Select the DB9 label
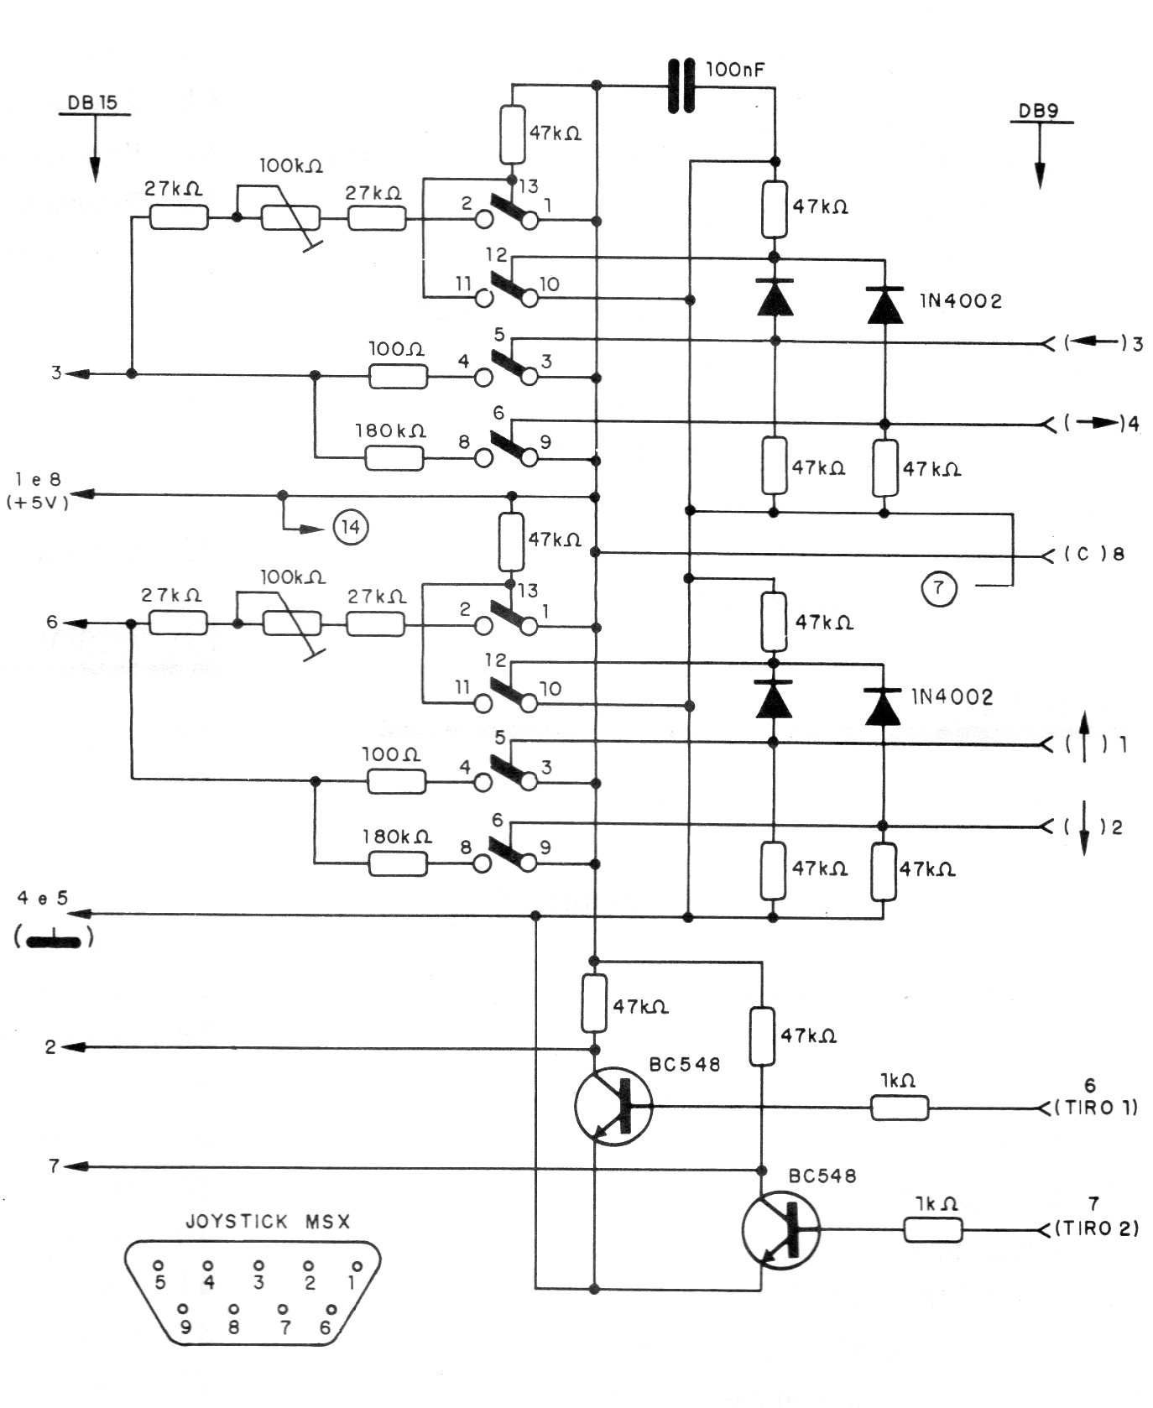click(1039, 112)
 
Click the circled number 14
click(350, 529)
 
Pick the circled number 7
click(939, 588)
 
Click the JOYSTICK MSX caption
click(267, 1222)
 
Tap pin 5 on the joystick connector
click(159, 1265)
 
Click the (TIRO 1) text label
click(1096, 1108)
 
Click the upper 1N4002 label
click(961, 301)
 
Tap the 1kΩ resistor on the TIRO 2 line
click(932, 1230)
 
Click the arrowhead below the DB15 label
click(95, 169)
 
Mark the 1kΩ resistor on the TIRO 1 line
click(900, 1108)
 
